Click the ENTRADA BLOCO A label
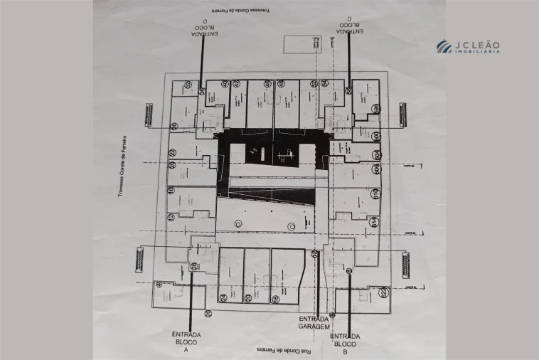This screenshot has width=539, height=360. tap(186, 342)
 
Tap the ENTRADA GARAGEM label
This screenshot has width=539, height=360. tap(314, 322)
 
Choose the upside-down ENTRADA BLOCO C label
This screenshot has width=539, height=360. tap(348, 28)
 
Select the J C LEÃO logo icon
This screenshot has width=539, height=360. tap(444, 46)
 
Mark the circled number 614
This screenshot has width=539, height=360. tap(375, 221)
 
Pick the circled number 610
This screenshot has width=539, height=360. tap(375, 193)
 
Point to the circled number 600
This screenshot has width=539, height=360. tap(375, 136)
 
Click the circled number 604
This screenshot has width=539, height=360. tap(375, 154)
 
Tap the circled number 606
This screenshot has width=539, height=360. tap(375, 169)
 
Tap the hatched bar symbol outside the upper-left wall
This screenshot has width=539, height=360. tap(149, 115)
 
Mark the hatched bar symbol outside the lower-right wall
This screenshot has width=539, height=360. tap(406, 265)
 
